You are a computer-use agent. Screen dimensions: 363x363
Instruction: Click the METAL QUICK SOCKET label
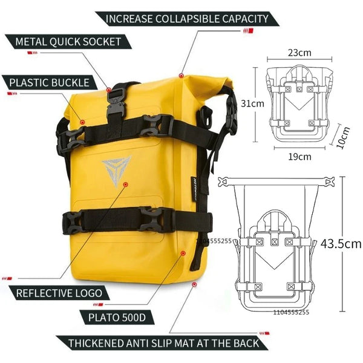[x=68, y=42]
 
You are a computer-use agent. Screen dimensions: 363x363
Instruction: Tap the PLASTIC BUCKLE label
[x=50, y=83]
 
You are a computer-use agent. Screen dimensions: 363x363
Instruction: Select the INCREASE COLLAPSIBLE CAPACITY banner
[x=187, y=19]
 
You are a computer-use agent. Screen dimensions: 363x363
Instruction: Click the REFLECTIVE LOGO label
[x=59, y=293]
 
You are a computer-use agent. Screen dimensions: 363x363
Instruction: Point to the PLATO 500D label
[x=117, y=318]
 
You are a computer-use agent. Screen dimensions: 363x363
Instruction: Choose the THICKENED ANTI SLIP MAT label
[x=164, y=343]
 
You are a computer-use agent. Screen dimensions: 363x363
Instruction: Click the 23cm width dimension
[x=299, y=53]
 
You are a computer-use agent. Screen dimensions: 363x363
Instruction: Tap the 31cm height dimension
[x=252, y=103]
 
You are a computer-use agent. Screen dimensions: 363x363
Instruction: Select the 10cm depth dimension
[x=342, y=137]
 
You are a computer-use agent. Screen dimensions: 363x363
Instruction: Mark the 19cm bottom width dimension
[x=299, y=157]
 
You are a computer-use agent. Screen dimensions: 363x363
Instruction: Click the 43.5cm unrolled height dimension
[x=341, y=244]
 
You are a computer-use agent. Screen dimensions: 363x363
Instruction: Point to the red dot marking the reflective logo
[x=126, y=185]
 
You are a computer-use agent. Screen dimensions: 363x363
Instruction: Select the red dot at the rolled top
[x=181, y=76]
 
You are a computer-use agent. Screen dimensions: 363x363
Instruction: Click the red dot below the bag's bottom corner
[x=194, y=284]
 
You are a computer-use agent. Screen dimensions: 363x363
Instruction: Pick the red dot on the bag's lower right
[x=183, y=253]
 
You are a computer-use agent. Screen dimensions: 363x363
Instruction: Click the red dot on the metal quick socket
[x=109, y=90]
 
